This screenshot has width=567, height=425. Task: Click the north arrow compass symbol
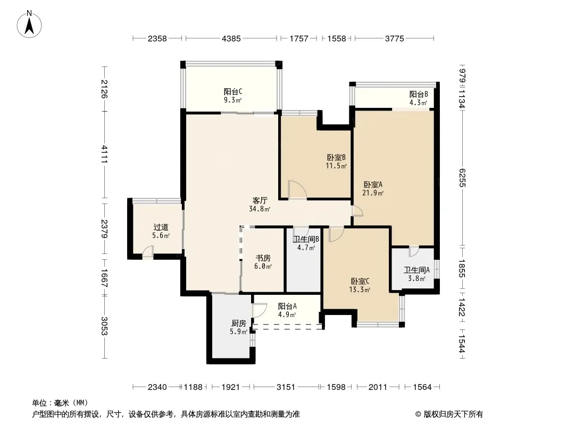click(29, 24)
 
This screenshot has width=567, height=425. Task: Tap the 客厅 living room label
click(260, 200)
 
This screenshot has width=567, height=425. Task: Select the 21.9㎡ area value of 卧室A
click(373, 193)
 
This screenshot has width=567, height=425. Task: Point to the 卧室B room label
click(336, 157)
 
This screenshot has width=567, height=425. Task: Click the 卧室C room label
click(360, 281)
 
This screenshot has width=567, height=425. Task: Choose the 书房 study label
click(263, 258)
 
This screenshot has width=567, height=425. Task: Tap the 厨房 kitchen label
click(239, 323)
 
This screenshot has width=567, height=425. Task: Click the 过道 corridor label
click(161, 227)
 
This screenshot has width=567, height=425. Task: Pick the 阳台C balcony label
click(233, 92)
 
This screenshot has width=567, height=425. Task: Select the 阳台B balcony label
click(419, 94)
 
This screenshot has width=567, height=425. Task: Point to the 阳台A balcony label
click(287, 306)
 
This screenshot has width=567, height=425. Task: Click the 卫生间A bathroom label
click(416, 270)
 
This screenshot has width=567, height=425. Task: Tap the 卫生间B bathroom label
click(306, 239)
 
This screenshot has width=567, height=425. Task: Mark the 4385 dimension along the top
click(231, 38)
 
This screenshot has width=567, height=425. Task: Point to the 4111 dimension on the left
click(104, 154)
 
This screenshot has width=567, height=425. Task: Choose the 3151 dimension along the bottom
click(286, 387)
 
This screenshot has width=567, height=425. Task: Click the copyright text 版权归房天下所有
click(453, 414)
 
